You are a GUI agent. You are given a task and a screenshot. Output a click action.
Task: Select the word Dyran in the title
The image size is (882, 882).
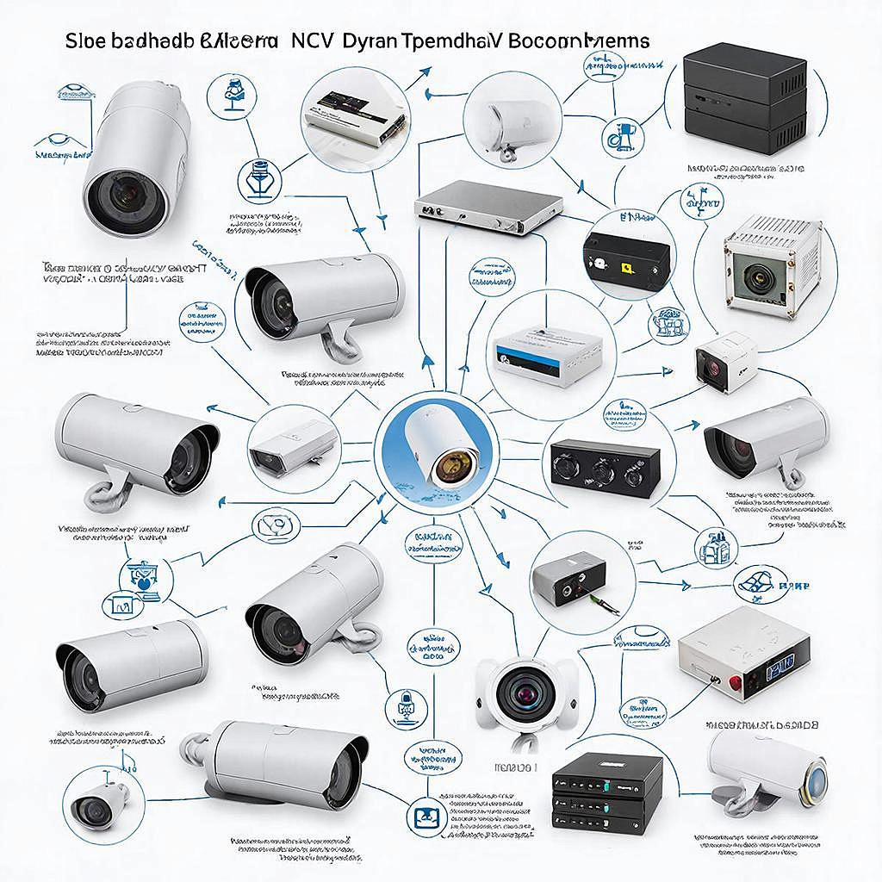coord(368,41)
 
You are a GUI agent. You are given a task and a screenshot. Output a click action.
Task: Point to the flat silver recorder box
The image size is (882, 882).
coord(488,208)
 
